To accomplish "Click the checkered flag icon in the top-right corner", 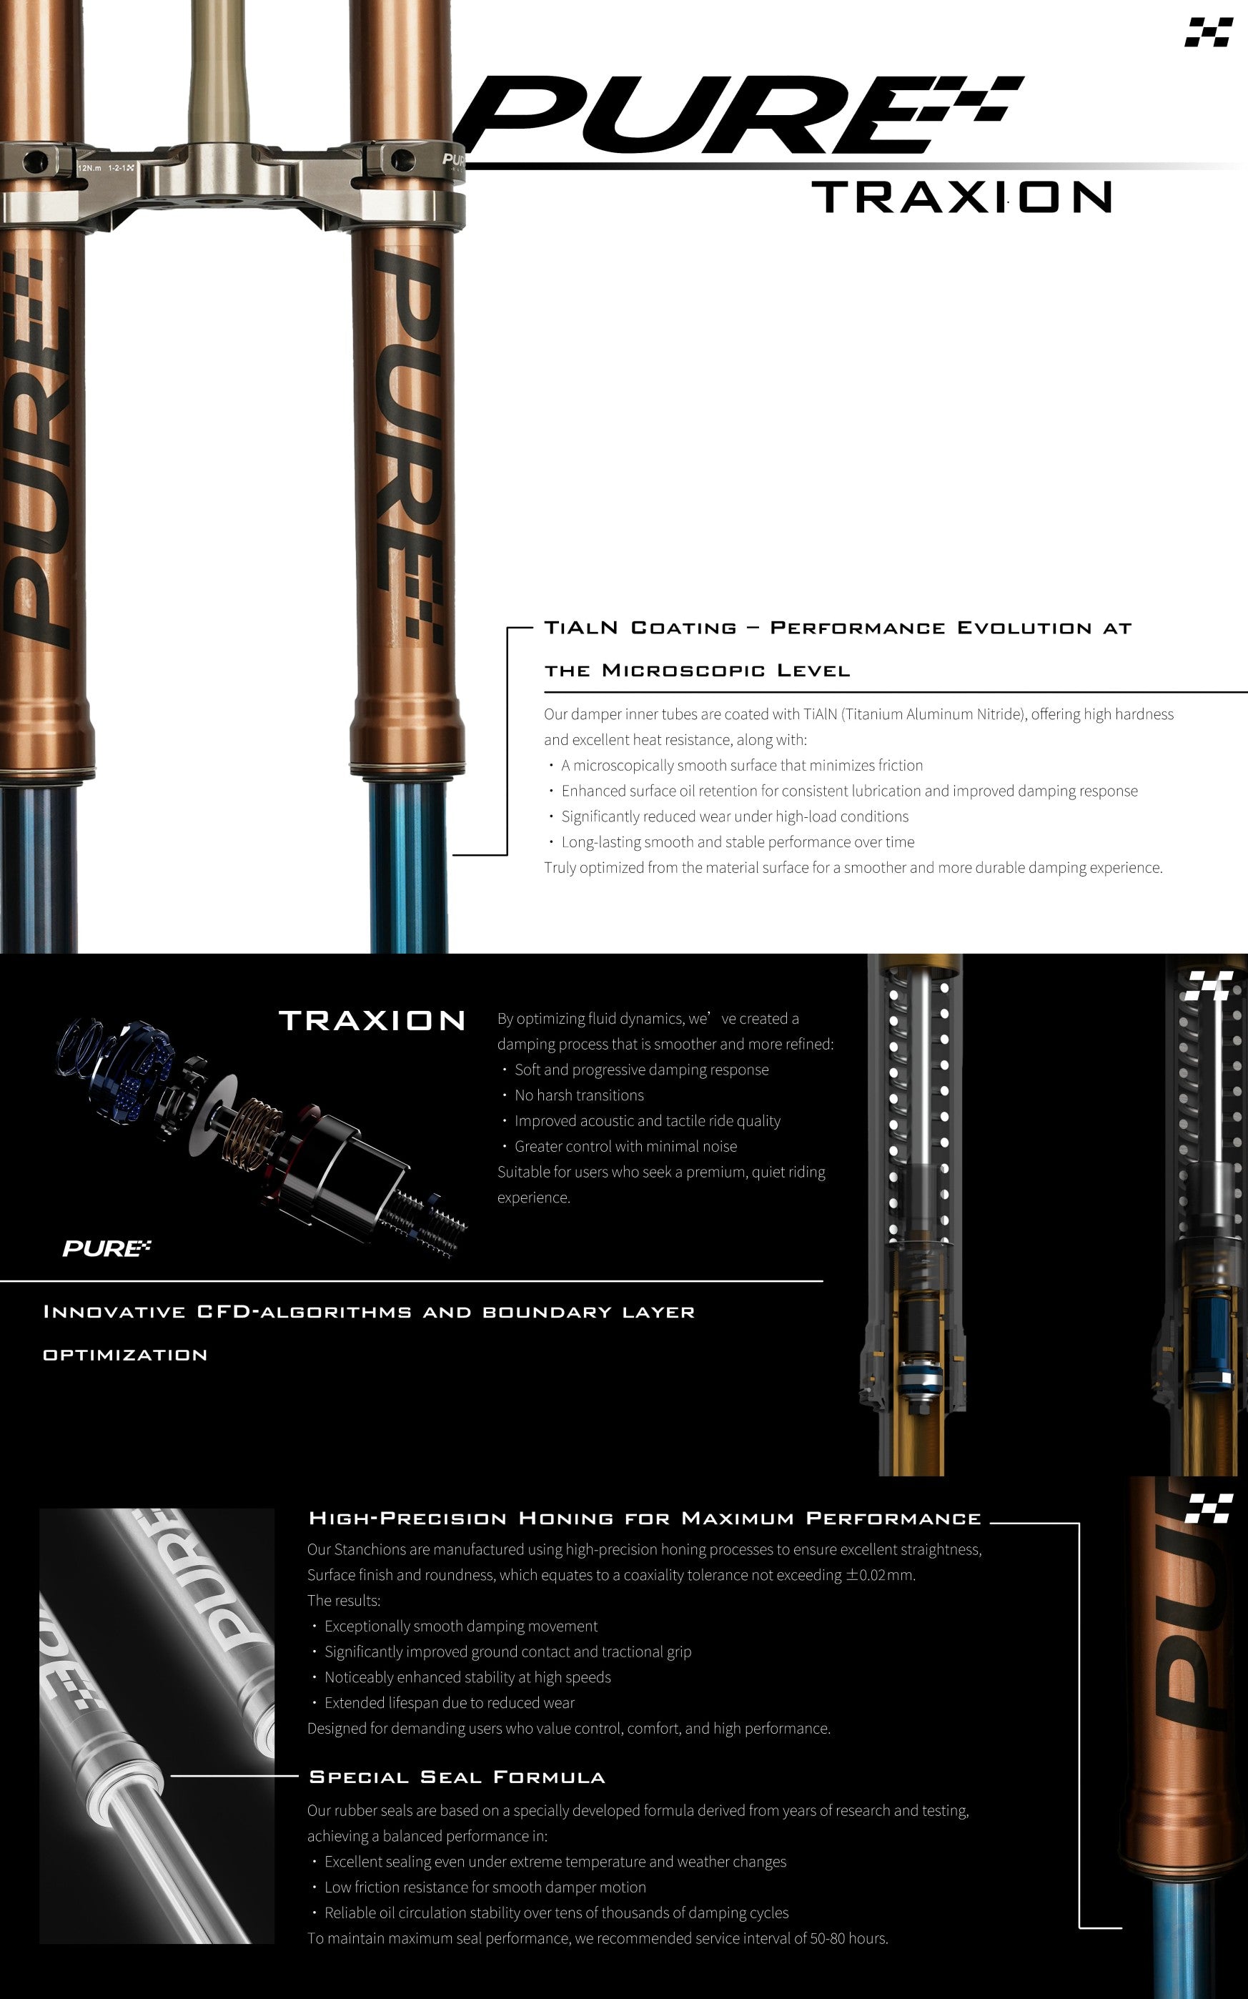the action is (1209, 32).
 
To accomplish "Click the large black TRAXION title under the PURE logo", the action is (962, 197).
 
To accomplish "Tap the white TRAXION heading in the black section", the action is (373, 1021).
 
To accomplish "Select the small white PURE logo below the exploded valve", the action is (107, 1248).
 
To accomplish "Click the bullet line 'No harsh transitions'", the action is (578, 1095).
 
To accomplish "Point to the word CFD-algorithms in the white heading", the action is (304, 1313).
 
